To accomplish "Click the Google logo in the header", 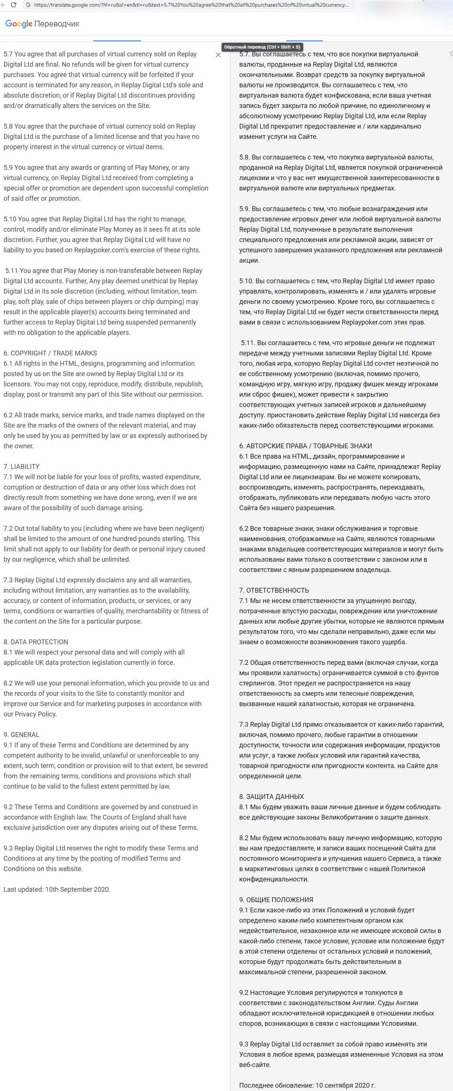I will (x=19, y=24).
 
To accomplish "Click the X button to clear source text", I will (x=218, y=55).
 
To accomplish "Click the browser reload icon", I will (x=14, y=5).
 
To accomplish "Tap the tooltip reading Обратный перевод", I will (x=262, y=47).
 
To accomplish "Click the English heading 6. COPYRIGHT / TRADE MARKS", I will (x=50, y=353).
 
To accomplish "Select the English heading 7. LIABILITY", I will (x=22, y=466).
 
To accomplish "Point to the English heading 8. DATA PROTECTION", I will (x=36, y=642).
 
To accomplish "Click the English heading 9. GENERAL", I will (x=22, y=734).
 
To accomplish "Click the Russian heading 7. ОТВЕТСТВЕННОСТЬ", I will (x=274, y=590).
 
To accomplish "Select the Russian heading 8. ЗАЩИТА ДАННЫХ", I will (x=272, y=796).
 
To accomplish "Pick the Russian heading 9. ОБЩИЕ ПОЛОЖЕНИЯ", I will (x=276, y=899).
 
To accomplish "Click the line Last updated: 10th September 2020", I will (x=57, y=889).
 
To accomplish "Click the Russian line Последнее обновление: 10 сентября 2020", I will (x=307, y=1085).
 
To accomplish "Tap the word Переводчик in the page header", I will (x=57, y=24).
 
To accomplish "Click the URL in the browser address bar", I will (x=190, y=5).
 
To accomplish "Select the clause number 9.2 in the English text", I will (x=8, y=807).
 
